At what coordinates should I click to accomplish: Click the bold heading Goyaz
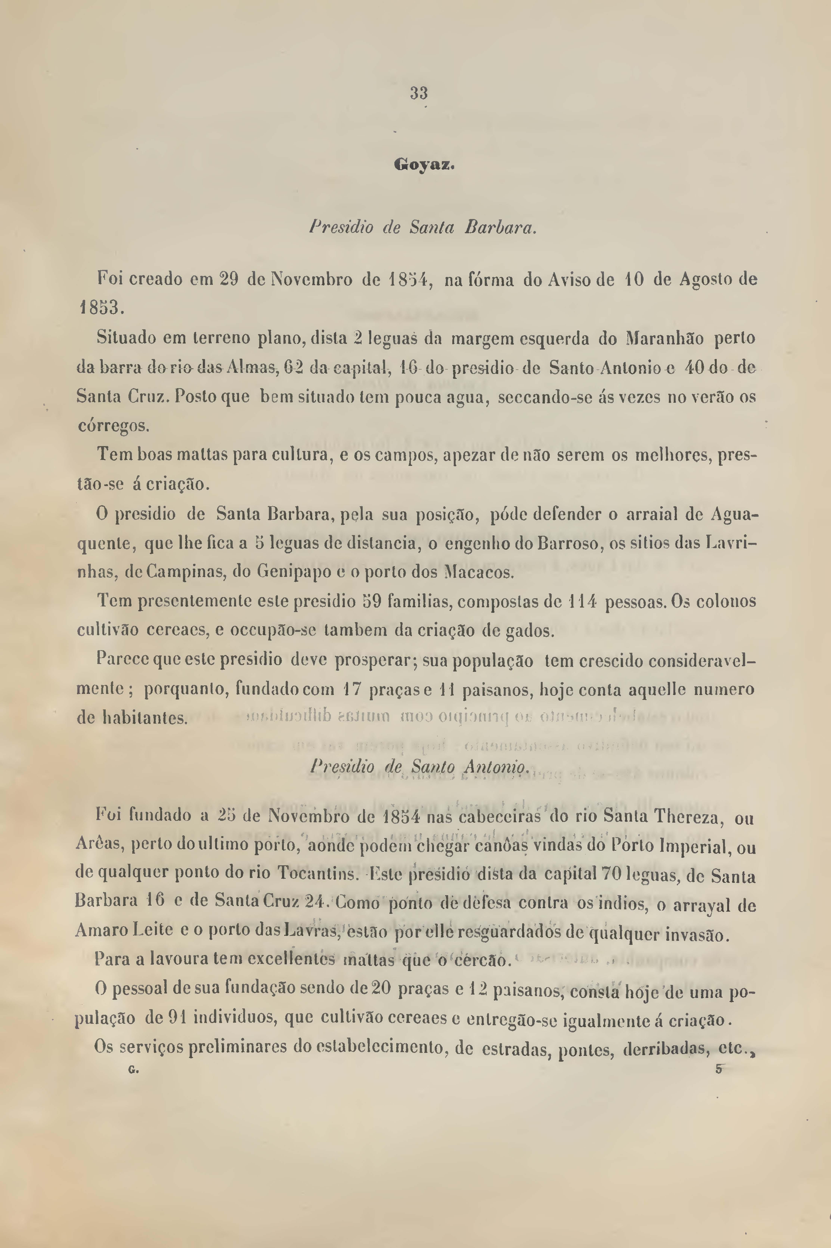[424, 165]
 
